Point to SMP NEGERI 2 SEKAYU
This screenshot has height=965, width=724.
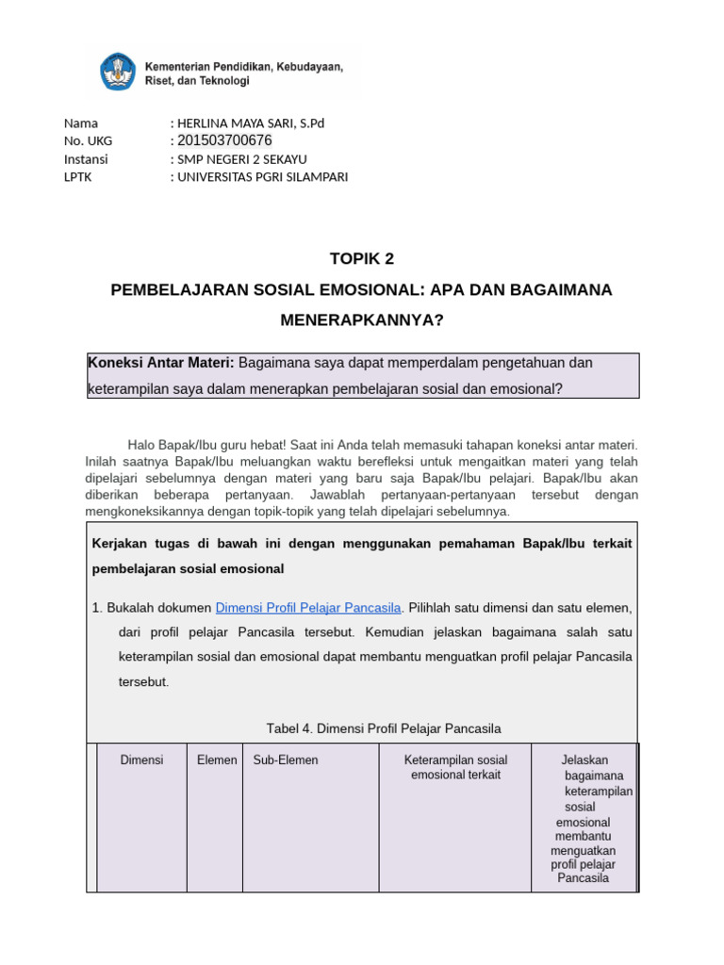pyautogui.click(x=241, y=159)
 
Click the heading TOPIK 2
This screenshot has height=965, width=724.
pyautogui.click(x=361, y=258)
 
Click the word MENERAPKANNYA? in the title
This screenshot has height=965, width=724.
pyautogui.click(x=361, y=320)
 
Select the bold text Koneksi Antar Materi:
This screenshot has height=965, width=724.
pyautogui.click(x=161, y=363)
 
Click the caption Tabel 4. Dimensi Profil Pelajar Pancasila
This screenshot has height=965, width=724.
pyautogui.click(x=384, y=728)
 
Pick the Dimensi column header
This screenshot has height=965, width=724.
pyautogui.click(x=141, y=760)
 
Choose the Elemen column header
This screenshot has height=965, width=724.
pyautogui.click(x=217, y=760)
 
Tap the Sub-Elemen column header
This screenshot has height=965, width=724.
pyautogui.click(x=286, y=760)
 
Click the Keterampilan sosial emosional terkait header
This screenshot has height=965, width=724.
pyautogui.click(x=455, y=767)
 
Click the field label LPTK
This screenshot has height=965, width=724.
pyautogui.click(x=77, y=177)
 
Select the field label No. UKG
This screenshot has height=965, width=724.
pyautogui.click(x=88, y=140)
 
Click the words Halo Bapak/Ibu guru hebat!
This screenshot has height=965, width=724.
pyautogui.click(x=204, y=444)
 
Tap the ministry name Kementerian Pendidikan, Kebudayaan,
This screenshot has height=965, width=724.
pyautogui.click(x=243, y=67)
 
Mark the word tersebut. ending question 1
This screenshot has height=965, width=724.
pyautogui.click(x=143, y=681)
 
